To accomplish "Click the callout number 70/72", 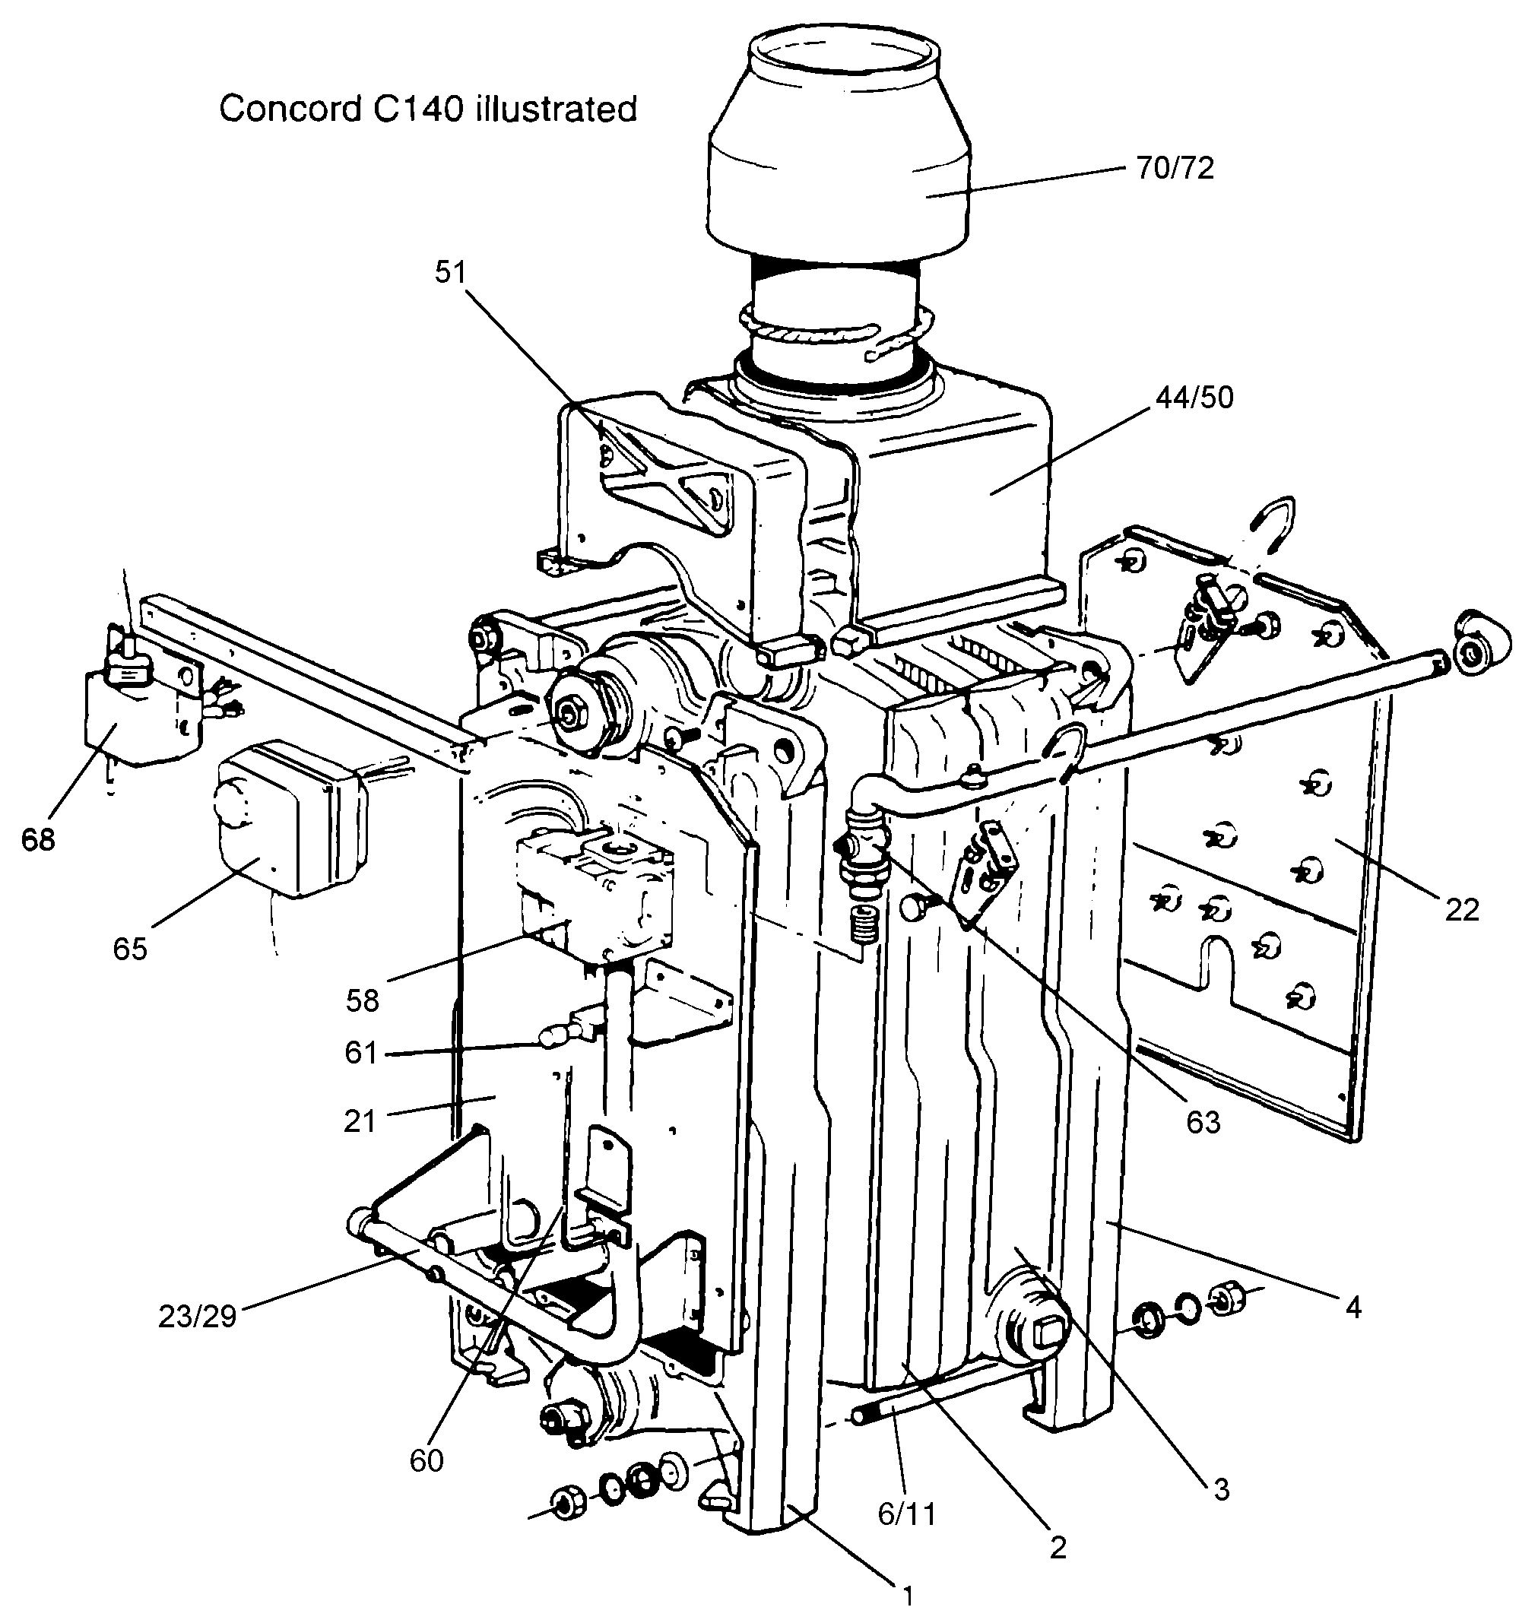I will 1175,168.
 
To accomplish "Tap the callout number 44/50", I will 1194,398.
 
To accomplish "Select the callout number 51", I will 450,272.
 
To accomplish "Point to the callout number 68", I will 38,840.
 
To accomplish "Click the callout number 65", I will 129,949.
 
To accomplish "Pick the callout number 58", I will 363,1000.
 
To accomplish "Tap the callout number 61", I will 360,1053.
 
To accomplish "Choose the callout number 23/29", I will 197,1317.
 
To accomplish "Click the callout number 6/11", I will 907,1514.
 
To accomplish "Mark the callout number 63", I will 1203,1122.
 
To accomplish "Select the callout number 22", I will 1462,910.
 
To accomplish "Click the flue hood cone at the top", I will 839,156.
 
